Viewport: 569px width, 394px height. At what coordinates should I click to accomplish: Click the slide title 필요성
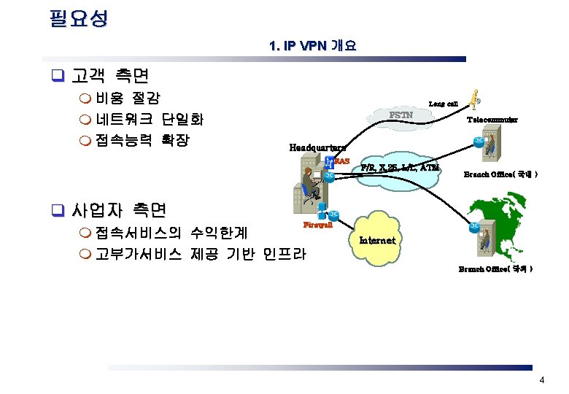(x=78, y=18)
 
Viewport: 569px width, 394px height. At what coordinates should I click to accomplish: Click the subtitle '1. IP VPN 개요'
(x=312, y=46)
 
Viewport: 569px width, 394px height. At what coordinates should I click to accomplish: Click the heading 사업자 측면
(x=119, y=210)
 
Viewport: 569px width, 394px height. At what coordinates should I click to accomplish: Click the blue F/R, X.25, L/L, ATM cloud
(x=400, y=170)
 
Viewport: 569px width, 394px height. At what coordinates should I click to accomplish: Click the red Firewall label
(x=317, y=225)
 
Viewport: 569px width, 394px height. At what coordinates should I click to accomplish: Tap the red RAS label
(x=342, y=161)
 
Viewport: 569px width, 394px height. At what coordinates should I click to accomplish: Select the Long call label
(x=443, y=104)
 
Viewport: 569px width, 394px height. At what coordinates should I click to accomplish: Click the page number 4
(x=541, y=380)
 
